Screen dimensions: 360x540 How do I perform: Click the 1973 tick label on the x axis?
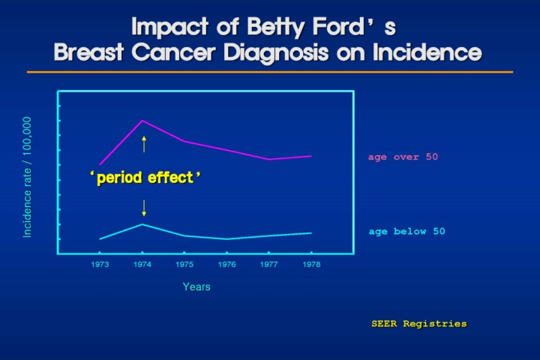[x=100, y=265]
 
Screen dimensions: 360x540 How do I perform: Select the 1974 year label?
[x=142, y=265]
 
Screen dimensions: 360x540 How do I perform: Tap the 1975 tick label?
[x=184, y=265]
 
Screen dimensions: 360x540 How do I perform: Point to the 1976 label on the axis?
[x=227, y=265]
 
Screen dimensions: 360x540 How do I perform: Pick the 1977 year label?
[x=269, y=265]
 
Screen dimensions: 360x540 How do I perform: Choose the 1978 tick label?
[x=311, y=265]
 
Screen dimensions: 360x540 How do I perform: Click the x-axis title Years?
[x=196, y=287]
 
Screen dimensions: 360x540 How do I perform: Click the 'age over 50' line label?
[x=403, y=157]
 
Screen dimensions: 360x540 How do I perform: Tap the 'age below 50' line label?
[x=406, y=232]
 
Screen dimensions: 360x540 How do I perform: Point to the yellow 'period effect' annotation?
[x=146, y=178]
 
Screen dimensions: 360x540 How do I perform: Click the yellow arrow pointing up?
[x=144, y=143]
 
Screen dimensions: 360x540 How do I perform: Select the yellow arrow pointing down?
[x=144, y=208]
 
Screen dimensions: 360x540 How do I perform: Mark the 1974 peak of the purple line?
[x=142, y=121]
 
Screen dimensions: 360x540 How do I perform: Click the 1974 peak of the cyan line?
[x=142, y=224]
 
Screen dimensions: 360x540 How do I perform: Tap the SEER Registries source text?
[x=418, y=324]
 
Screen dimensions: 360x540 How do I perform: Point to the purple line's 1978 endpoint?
[x=311, y=156]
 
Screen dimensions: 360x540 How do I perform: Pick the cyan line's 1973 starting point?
[x=100, y=239]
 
